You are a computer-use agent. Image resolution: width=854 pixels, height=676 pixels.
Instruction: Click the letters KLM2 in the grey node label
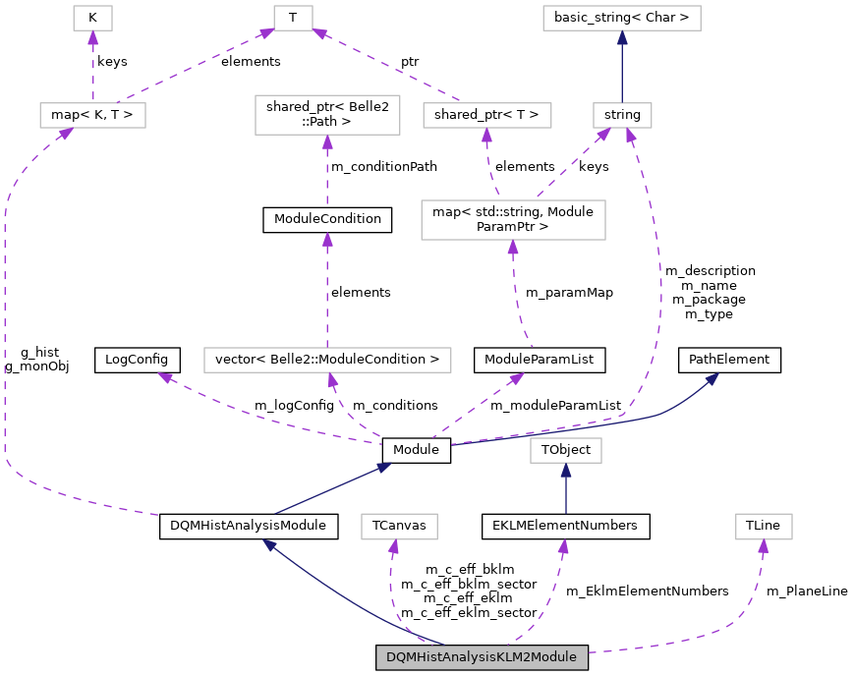[510, 657]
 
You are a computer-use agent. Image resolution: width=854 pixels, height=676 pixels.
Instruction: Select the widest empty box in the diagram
[327, 361]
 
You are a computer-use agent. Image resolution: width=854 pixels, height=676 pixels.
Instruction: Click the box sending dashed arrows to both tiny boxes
[92, 115]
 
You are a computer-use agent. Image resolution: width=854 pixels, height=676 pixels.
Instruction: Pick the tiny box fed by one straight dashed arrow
[92, 18]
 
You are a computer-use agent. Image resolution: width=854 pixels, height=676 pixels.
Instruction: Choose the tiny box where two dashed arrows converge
[293, 18]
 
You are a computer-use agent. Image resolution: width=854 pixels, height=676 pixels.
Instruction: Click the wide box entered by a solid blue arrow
[621, 18]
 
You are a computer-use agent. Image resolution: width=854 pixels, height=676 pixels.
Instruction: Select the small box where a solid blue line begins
[622, 115]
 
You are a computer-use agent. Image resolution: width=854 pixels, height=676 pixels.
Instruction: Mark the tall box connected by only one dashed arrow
[327, 115]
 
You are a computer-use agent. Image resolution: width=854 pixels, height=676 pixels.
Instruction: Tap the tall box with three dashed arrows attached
[513, 220]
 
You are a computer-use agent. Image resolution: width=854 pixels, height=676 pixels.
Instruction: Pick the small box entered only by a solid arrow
[565, 450]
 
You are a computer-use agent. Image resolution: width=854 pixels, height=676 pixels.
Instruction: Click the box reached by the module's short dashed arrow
[399, 527]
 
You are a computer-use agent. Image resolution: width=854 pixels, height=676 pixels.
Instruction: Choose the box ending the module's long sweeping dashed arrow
[764, 527]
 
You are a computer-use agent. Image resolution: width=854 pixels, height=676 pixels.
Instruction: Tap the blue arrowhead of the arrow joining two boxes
[622, 38]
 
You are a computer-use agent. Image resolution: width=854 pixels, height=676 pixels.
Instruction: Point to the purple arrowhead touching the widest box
[332, 380]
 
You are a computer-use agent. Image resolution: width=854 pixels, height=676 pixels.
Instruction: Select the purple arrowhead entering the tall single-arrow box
[327, 142]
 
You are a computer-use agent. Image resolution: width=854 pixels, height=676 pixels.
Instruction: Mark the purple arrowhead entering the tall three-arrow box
[513, 248]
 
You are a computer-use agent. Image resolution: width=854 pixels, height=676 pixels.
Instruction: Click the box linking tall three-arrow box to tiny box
[486, 115]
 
